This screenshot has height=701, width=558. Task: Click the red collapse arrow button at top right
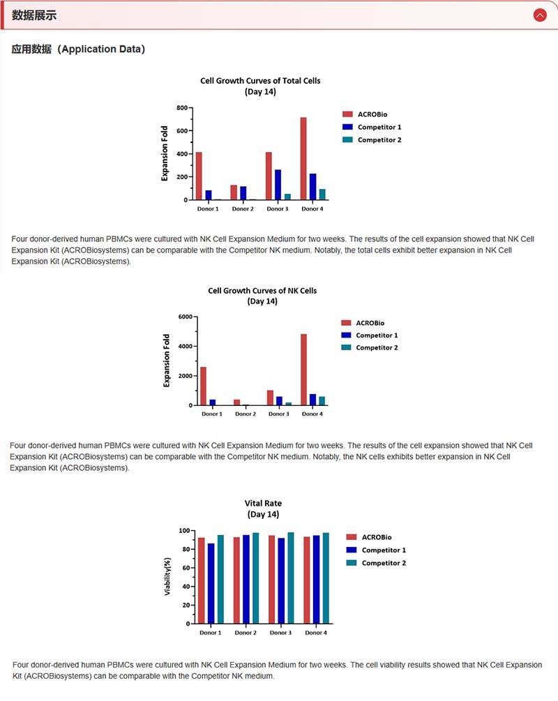[539, 15]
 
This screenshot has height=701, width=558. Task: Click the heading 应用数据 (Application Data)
[78, 50]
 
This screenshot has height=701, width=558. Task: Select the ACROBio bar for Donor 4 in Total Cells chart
[303, 158]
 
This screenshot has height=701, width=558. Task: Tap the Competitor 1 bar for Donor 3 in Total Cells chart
[278, 185]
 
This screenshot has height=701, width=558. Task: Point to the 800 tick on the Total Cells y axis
[182, 108]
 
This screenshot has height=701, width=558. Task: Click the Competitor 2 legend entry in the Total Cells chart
[379, 140]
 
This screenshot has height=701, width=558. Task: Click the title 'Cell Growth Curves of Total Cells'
[260, 81]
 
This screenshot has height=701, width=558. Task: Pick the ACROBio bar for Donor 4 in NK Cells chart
[303, 369]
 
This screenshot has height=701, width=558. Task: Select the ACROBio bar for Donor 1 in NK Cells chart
[203, 386]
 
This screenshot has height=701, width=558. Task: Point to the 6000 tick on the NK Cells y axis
[184, 317]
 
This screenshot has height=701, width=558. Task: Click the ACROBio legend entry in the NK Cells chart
[370, 323]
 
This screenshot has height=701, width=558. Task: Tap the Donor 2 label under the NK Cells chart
[245, 414]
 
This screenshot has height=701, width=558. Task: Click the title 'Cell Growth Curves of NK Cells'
[262, 290]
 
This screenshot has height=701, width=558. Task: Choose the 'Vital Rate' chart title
[263, 503]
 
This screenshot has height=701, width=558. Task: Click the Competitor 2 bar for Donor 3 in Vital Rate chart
[291, 578]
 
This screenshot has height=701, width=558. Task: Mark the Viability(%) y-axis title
[167, 576]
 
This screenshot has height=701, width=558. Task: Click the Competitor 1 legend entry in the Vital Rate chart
[384, 550]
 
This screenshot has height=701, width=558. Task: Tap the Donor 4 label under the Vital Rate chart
[315, 633]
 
